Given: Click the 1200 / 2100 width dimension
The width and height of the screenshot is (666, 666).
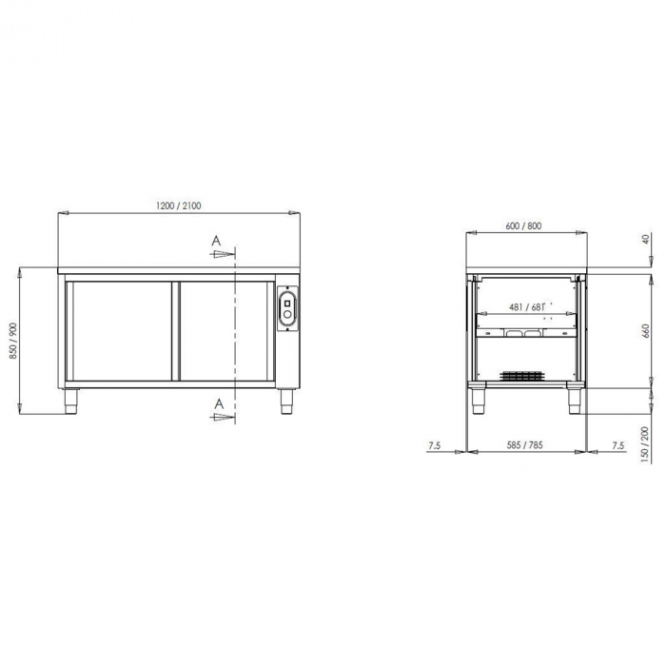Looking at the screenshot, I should pyautogui.click(x=179, y=206).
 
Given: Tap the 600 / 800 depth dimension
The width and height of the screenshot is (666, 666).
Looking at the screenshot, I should pyautogui.click(x=524, y=225).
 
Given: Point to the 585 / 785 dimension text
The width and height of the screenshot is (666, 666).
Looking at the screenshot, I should pyautogui.click(x=524, y=444).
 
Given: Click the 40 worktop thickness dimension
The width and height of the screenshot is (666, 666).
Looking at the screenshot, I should pyautogui.click(x=647, y=241).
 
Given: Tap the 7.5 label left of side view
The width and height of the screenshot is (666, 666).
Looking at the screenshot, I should pyautogui.click(x=435, y=444).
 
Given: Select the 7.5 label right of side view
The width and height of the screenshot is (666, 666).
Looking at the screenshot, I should pyautogui.click(x=617, y=444).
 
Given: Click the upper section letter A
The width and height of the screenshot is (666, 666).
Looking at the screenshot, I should pyautogui.click(x=218, y=242).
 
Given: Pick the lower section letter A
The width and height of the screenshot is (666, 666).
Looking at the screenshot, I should pyautogui.click(x=218, y=404).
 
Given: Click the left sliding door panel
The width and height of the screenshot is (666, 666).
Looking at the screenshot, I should pyautogui.click(x=121, y=330).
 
